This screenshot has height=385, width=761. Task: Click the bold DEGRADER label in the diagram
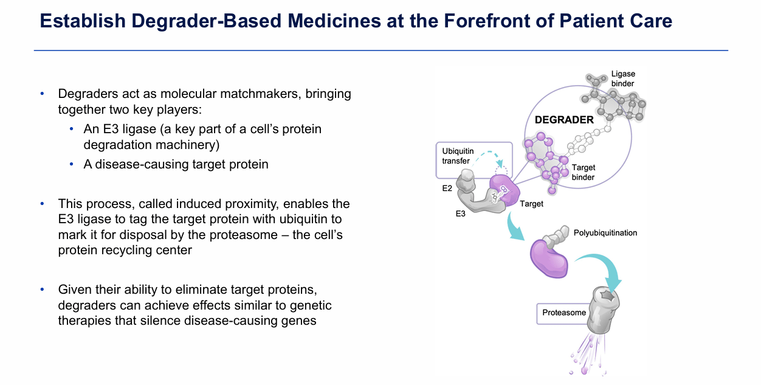[563, 120]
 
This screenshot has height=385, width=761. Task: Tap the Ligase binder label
[622, 78]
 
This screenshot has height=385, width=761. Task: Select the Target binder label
[583, 172]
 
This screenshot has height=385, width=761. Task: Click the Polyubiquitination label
[605, 233]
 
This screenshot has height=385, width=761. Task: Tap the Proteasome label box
[564, 313]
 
